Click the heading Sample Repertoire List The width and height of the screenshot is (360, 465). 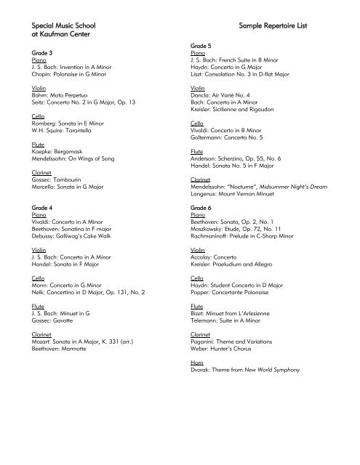(273, 25)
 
